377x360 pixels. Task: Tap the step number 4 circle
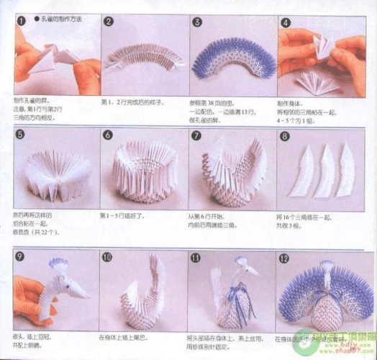(x=285, y=22)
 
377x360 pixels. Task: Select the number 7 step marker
(x=196, y=135)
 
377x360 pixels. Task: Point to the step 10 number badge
(x=107, y=256)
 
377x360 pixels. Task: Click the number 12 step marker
(x=285, y=257)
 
